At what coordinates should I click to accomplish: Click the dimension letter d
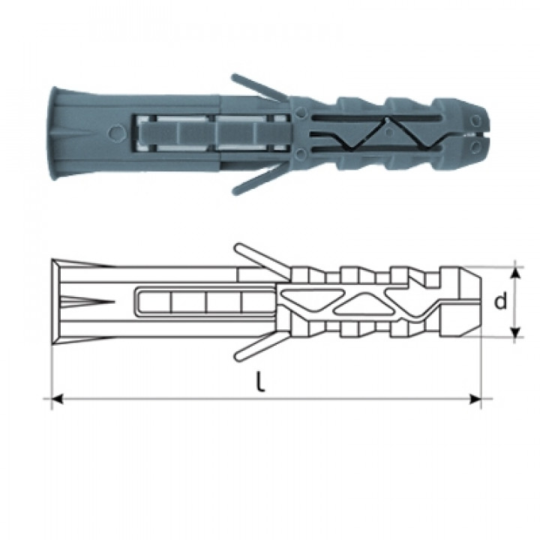500,301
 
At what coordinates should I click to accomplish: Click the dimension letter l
262,382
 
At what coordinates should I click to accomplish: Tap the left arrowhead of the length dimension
58,399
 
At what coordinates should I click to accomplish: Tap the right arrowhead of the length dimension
475,399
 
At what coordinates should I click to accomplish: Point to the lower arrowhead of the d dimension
514,332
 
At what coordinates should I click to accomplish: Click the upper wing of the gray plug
258,88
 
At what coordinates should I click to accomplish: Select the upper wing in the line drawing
262,262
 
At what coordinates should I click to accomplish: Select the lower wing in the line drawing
262,344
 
